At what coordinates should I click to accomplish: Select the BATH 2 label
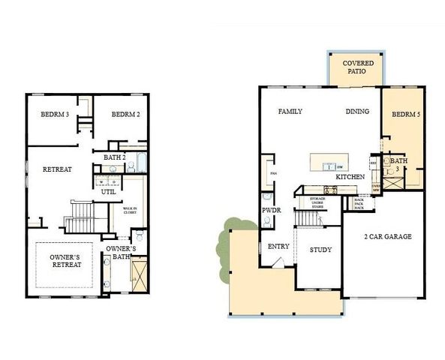coord(115,157)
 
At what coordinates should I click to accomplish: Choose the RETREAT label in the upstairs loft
coord(57,169)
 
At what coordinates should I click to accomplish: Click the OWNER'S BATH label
coord(121,253)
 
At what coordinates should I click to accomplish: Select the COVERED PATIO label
coord(354,68)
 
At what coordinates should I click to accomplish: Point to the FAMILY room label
coord(290,112)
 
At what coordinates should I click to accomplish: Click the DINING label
coord(357,112)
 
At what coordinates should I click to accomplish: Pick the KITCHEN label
coord(350,176)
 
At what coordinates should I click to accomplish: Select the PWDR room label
coord(271,211)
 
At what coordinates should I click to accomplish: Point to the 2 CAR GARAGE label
coord(388,237)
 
